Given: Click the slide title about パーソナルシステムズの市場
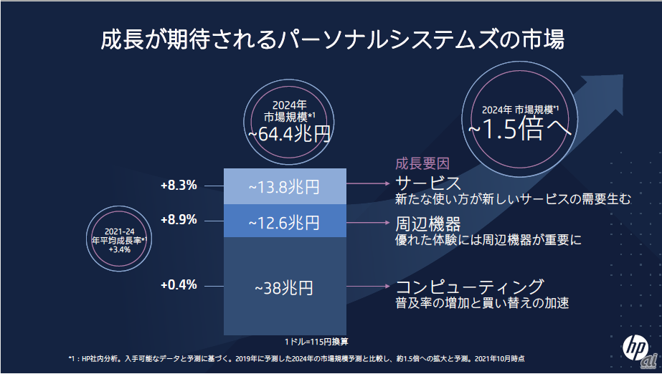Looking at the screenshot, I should (x=331, y=39).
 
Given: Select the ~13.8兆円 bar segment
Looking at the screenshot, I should (x=285, y=186).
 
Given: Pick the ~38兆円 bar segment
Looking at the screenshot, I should (x=285, y=288).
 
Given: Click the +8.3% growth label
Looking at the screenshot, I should (x=179, y=186).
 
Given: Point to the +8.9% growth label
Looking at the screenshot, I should (x=179, y=220).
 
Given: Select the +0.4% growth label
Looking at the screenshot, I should (x=179, y=284).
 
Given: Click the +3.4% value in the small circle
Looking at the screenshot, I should (x=119, y=250).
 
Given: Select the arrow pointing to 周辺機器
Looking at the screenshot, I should (x=369, y=221).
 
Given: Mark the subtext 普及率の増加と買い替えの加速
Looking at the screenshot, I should (x=482, y=303).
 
